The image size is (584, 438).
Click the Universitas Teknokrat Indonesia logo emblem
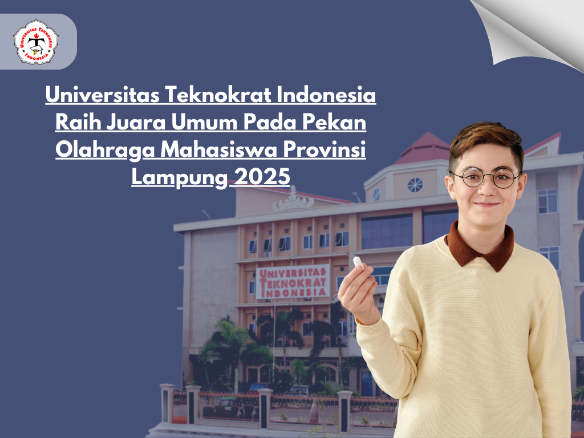[36, 41]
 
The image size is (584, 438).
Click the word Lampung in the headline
[179, 177]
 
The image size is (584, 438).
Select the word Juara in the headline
[136, 122]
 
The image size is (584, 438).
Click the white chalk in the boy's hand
[358, 262]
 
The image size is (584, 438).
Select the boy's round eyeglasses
[485, 177]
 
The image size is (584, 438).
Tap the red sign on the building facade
[293, 282]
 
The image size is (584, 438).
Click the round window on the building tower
[415, 185]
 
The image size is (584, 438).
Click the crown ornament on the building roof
[293, 201]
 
